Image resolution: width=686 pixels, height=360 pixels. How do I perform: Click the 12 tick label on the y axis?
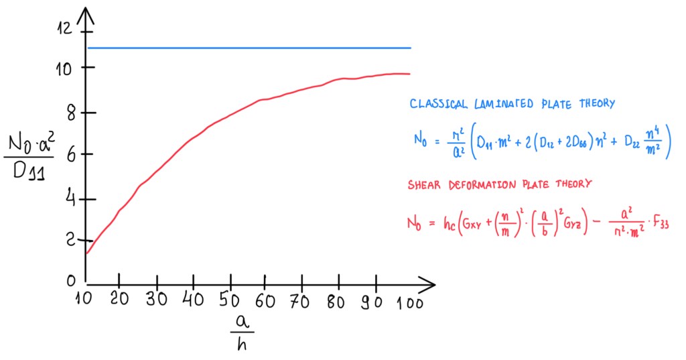pyautogui.click(x=64, y=28)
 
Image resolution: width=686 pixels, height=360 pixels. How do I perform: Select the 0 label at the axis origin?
pyautogui.click(x=70, y=280)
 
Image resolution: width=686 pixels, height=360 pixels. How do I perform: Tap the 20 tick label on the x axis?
pyautogui.click(x=120, y=299)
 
